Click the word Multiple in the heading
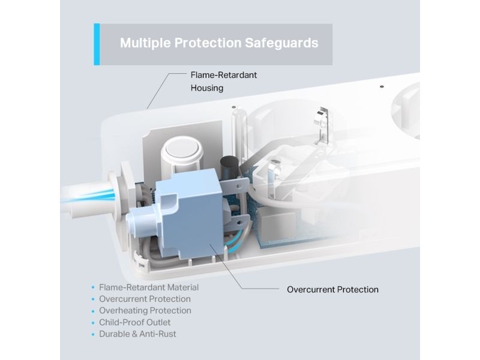point(145,43)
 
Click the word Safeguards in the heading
point(281,43)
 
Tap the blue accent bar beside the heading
point(97,44)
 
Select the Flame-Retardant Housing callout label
point(223,82)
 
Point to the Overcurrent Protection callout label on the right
point(332,290)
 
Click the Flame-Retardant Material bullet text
point(149,287)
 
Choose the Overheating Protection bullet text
point(145,310)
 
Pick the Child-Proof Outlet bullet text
point(134,322)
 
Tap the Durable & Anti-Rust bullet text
point(137,334)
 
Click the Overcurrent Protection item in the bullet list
point(145,299)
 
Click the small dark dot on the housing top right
point(382,86)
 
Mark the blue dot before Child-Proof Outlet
point(93,323)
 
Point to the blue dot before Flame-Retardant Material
point(93,288)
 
